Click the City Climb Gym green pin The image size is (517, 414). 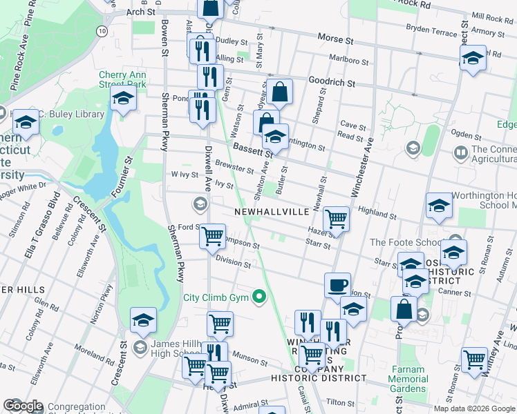260,298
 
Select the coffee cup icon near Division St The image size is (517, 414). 337,284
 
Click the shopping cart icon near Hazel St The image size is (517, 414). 336,219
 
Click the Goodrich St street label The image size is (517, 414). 331,82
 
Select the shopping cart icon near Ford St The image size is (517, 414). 212,236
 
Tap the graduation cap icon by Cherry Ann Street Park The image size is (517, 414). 123,98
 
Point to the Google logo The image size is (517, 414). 23,406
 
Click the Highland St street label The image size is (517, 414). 375,213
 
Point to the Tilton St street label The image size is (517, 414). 340,403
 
